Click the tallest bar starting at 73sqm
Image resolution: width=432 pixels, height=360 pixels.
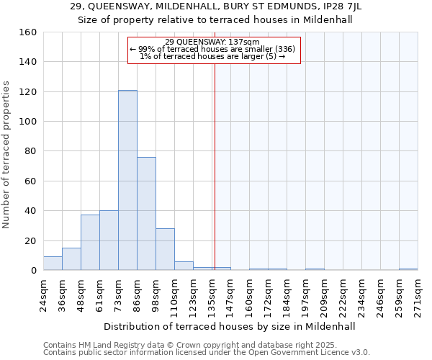(127, 180)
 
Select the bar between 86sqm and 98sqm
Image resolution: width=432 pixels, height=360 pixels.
(146, 214)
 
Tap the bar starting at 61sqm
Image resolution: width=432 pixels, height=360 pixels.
(109, 240)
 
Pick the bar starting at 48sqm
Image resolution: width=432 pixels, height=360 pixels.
(90, 243)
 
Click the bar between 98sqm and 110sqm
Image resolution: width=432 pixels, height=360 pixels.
(165, 249)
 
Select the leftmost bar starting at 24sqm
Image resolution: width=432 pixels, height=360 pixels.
(53, 264)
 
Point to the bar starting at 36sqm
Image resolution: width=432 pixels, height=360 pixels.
(71, 259)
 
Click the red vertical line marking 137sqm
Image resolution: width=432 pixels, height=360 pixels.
(215, 166)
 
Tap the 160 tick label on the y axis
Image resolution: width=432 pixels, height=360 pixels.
(28, 32)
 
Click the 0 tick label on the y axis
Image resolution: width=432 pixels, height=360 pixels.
(34, 271)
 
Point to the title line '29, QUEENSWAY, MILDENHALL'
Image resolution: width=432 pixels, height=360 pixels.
(215, 6)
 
